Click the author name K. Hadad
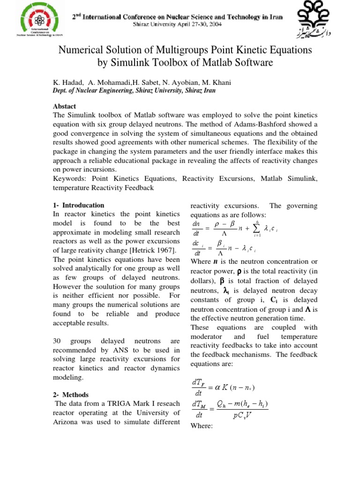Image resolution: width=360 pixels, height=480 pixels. coord(67,82)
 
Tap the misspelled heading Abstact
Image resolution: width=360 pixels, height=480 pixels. coord(65,106)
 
